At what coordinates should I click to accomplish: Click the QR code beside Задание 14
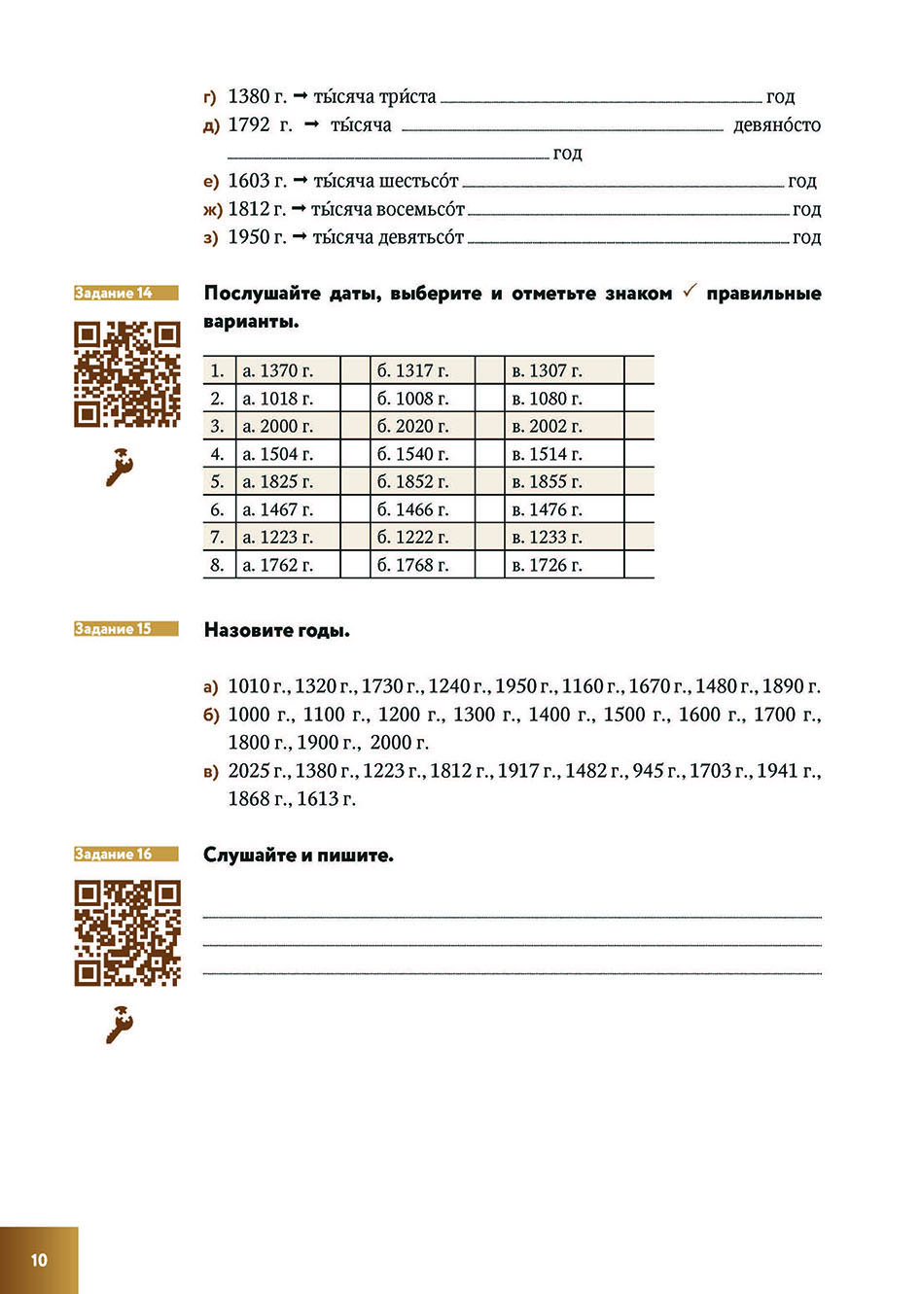click(x=126, y=374)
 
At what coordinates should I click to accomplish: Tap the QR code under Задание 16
click(x=126, y=933)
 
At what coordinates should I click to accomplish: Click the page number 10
click(x=39, y=1260)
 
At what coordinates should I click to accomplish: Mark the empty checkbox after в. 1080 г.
click(x=638, y=399)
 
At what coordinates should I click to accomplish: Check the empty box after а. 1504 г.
click(x=354, y=454)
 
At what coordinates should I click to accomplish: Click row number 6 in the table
click(x=218, y=509)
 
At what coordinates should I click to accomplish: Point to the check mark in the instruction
click(x=689, y=292)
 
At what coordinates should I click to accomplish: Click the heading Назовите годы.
click(x=276, y=630)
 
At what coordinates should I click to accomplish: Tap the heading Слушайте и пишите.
click(x=298, y=856)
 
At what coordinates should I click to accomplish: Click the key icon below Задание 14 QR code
click(x=119, y=467)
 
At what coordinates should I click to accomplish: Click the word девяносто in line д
click(x=776, y=125)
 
